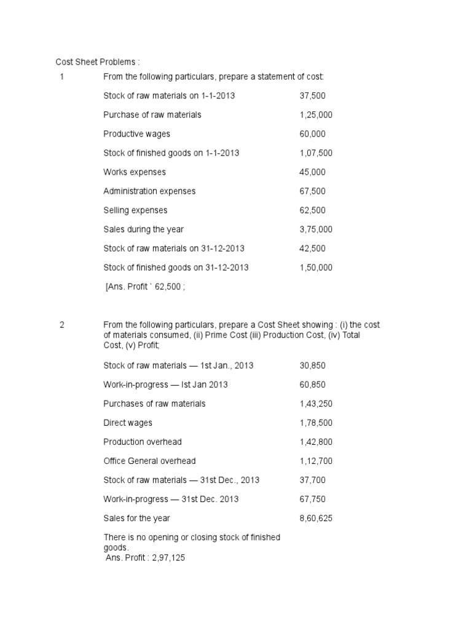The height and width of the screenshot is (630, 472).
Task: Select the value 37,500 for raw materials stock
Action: [313, 96]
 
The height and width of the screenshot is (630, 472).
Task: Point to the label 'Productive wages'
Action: [136, 134]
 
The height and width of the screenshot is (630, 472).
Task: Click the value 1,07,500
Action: [316, 153]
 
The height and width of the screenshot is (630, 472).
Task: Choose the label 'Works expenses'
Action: [135, 172]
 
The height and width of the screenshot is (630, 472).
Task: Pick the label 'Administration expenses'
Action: [149, 191]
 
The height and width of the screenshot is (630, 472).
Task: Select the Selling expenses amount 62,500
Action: [313, 210]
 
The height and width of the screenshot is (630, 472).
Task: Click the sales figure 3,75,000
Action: [316, 229]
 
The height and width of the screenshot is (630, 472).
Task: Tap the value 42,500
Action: [313, 249]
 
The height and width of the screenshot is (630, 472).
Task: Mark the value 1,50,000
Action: [316, 268]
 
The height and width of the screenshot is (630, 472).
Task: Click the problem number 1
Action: [62, 77]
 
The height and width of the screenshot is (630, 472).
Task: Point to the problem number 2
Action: [62, 325]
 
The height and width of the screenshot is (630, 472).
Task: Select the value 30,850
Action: [313, 365]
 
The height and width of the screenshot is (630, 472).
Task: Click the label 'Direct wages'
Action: [128, 423]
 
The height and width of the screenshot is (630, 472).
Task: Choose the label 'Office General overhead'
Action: [149, 461]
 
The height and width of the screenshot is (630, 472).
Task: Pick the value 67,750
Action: [313, 499]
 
